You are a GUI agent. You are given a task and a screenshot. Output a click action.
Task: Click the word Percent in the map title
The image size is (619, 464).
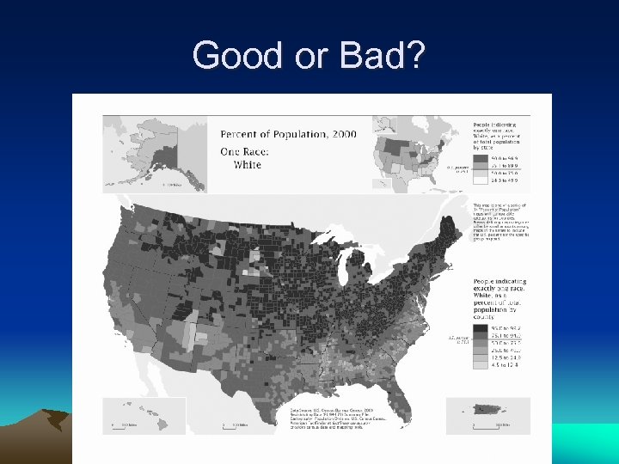(244, 134)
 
